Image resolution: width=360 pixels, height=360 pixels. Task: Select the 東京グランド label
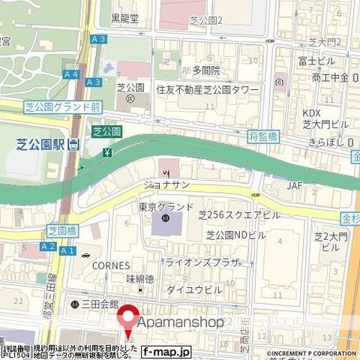[166, 206]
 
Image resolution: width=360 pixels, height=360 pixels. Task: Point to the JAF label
[295, 184]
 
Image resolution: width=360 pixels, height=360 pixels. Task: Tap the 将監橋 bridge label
[284, 136]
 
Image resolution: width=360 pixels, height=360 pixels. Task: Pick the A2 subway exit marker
[49, 246]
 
